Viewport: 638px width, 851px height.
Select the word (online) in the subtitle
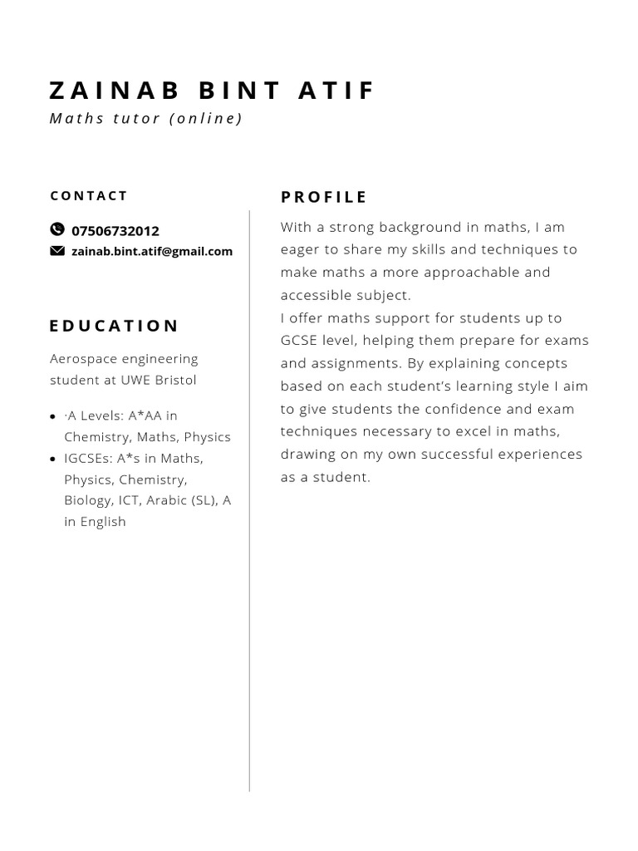pyautogui.click(x=206, y=118)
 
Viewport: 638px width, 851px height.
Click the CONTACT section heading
pyautogui.click(x=89, y=196)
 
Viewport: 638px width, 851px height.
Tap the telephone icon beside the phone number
pyautogui.click(x=56, y=229)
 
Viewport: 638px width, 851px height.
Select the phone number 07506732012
pyautogui.click(x=115, y=231)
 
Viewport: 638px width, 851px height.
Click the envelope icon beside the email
pyautogui.click(x=56, y=251)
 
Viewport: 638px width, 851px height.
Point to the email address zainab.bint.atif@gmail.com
pyautogui.click(x=152, y=251)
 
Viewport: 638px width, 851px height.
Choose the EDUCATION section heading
pyautogui.click(x=114, y=326)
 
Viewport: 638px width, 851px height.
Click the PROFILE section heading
pyautogui.click(x=324, y=197)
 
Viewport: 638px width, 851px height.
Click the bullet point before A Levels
pyautogui.click(x=53, y=416)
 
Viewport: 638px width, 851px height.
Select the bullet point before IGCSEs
pyautogui.click(x=53, y=459)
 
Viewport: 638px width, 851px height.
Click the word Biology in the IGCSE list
pyautogui.click(x=88, y=500)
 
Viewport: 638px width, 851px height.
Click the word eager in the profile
pyautogui.click(x=300, y=249)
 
